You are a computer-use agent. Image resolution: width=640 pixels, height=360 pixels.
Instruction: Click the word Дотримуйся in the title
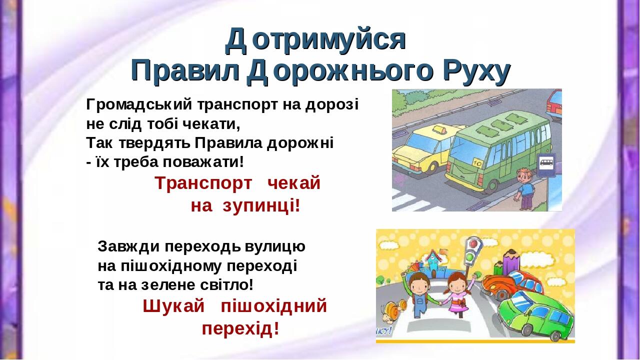pos(315,40)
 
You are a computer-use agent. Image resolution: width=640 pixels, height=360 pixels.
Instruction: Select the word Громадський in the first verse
pos(139,104)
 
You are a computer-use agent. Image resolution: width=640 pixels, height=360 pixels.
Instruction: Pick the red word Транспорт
pos(203,183)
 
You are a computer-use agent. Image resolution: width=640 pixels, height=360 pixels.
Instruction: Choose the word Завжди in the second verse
pos(128,246)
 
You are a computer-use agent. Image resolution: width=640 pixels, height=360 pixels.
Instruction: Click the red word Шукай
pos(173,306)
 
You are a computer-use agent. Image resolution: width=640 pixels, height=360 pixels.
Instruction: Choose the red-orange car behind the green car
pos(511,284)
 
